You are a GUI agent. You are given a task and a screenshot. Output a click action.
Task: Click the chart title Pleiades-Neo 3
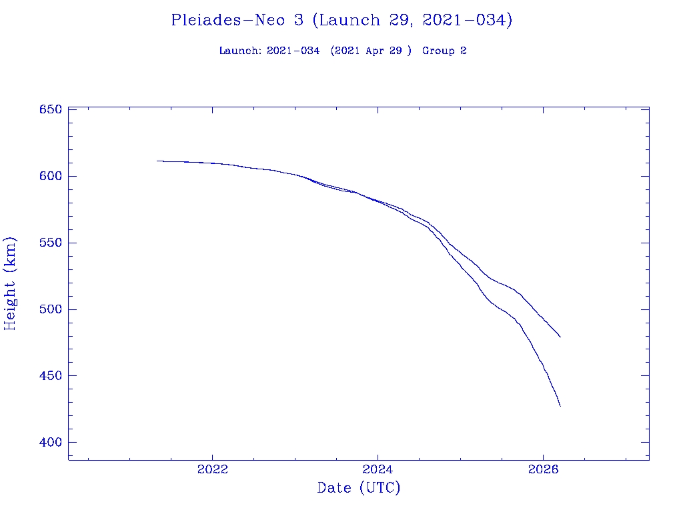[x=237, y=20]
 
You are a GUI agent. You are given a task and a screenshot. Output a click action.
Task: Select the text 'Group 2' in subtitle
[x=444, y=51]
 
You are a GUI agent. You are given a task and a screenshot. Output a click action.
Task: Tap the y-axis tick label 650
[x=49, y=109]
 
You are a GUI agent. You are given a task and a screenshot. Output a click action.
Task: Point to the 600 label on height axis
[x=49, y=176]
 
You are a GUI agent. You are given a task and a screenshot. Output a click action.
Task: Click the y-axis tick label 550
[x=49, y=243]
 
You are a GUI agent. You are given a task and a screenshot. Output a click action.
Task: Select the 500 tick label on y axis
[x=49, y=309]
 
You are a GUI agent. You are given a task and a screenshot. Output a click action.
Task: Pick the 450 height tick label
[x=49, y=376]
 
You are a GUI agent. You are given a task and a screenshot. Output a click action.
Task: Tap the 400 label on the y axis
[x=49, y=443]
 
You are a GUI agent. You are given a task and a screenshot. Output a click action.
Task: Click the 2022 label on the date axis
[x=213, y=469]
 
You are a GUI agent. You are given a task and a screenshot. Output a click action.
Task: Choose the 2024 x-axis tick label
[x=378, y=469]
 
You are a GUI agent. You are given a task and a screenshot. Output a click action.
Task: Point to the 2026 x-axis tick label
[x=543, y=469]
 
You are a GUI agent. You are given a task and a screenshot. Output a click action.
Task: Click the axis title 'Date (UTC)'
[x=359, y=488]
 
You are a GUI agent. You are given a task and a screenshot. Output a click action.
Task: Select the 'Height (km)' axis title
[x=10, y=283]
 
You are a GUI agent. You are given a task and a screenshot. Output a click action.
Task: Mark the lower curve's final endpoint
[x=560, y=406]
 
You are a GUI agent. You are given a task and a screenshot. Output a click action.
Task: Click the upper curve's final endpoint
[x=560, y=337]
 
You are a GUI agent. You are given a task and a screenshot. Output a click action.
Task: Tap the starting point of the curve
[x=157, y=161]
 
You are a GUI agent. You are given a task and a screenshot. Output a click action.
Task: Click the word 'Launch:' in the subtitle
[x=240, y=51]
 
